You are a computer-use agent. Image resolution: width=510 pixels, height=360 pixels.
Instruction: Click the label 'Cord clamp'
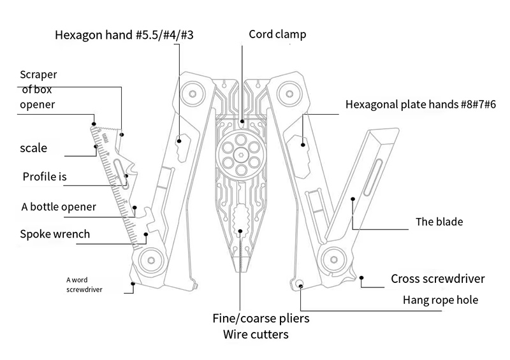click(277, 34)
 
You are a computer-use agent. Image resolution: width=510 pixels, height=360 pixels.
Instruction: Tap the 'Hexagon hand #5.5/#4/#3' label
click(124, 36)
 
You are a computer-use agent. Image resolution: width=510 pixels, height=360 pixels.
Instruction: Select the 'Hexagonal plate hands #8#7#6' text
click(420, 104)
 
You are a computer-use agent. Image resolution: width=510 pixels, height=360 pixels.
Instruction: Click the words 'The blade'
click(439, 222)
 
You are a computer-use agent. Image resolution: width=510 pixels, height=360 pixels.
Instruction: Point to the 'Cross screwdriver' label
click(437, 279)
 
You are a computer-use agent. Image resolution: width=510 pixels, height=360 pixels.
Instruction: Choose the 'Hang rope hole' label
click(441, 300)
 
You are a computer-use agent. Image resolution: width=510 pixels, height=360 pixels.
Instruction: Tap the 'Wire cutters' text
click(256, 335)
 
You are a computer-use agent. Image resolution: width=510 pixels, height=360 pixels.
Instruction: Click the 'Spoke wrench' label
click(55, 234)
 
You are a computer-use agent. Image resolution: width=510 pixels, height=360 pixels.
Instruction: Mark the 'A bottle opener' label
click(59, 206)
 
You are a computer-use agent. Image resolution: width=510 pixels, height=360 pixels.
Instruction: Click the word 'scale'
click(34, 148)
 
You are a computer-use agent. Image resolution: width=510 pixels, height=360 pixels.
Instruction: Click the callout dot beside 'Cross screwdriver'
click(361, 278)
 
